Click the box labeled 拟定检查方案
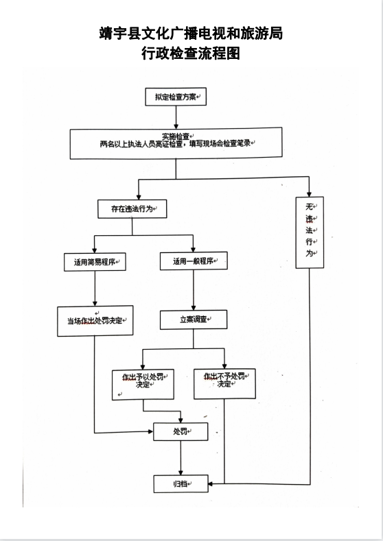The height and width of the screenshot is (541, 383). [176, 97]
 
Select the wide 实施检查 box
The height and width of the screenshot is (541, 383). [176, 143]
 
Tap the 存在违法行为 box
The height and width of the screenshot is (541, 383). [132, 208]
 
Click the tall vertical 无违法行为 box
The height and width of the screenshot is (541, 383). [310, 232]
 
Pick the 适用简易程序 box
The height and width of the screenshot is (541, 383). [95, 262]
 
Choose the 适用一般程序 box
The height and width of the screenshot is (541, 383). [194, 261]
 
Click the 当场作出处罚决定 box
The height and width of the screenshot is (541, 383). [95, 321]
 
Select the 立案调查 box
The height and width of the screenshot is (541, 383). [194, 320]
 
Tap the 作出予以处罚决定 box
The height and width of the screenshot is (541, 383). [143, 385]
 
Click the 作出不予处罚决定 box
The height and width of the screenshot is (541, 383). [225, 384]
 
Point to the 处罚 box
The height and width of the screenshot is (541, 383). [181, 431]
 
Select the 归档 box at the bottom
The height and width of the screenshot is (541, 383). [181, 483]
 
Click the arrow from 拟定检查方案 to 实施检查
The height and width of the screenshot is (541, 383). [176, 117]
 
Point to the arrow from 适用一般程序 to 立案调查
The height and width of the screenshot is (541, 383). [194, 290]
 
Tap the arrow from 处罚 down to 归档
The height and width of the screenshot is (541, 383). [181, 458]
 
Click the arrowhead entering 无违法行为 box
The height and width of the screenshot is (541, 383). [309, 194]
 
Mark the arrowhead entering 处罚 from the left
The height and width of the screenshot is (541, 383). [150, 431]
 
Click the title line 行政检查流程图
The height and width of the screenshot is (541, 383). [191, 53]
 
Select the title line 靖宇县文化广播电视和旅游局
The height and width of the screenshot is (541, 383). [191, 34]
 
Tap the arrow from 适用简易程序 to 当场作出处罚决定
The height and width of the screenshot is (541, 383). [95, 289]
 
